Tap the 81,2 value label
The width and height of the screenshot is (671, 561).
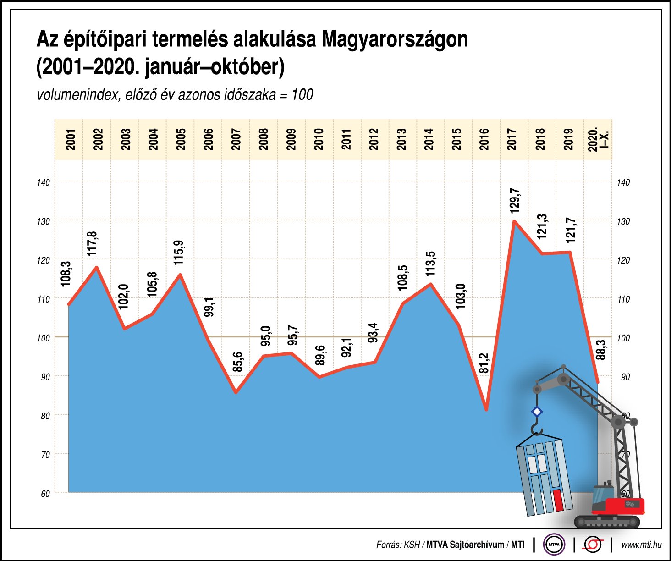coord(484,363)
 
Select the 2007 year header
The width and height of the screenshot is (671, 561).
coord(236,139)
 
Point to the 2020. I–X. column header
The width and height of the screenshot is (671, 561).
coord(598,139)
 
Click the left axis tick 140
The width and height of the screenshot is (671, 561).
coord(44,182)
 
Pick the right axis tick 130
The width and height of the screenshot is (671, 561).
coord(623,221)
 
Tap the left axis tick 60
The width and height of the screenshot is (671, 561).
coord(45,494)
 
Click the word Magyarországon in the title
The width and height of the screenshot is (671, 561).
coord(395,39)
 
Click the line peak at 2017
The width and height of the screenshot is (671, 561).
coord(515,221)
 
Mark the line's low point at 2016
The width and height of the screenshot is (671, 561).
coord(486,409)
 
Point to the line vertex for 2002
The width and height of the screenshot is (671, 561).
coord(97,267)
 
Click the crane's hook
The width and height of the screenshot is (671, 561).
coord(536,430)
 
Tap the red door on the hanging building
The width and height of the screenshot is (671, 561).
coord(558,500)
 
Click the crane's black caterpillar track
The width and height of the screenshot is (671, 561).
coord(607,522)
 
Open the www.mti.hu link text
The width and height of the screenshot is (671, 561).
coord(641,545)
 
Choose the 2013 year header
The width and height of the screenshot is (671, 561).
coord(402,139)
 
